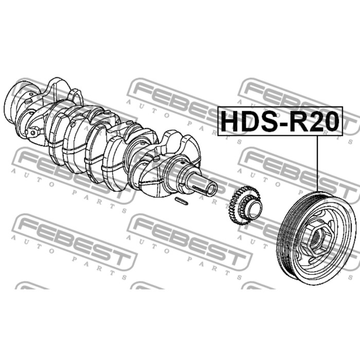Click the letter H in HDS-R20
(230, 121)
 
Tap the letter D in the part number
(251, 121)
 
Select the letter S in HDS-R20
(270, 121)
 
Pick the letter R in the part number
(299, 121)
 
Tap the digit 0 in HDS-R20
(331, 121)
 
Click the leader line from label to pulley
(318, 164)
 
